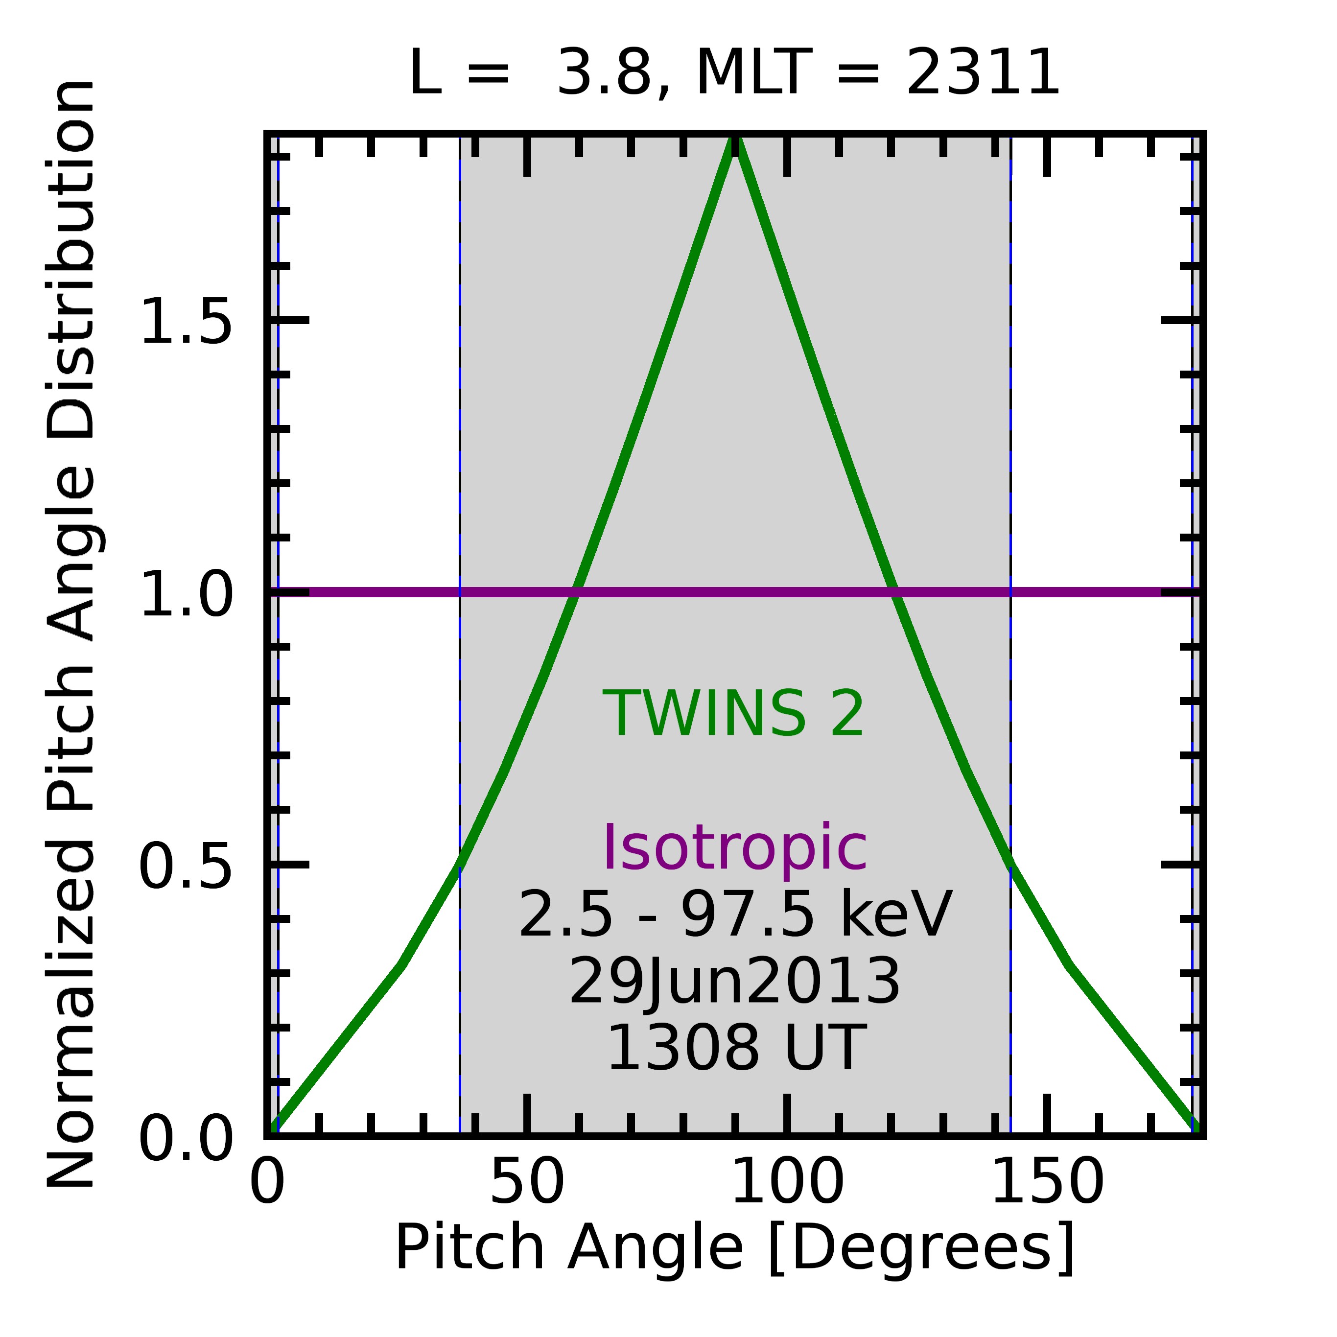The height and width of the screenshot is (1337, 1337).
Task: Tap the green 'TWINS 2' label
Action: pos(733,714)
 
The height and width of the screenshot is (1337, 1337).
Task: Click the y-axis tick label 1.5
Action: pos(186,321)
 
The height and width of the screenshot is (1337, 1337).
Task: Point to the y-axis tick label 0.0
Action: pos(186,1138)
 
